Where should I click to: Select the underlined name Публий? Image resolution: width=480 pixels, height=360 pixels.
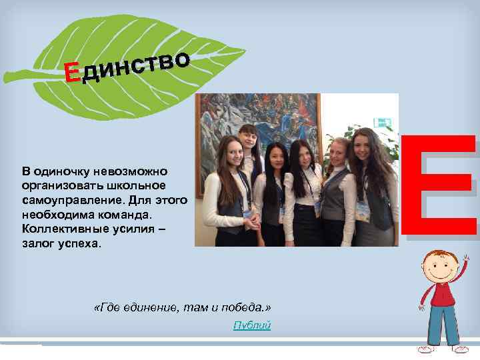pos(252,325)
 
